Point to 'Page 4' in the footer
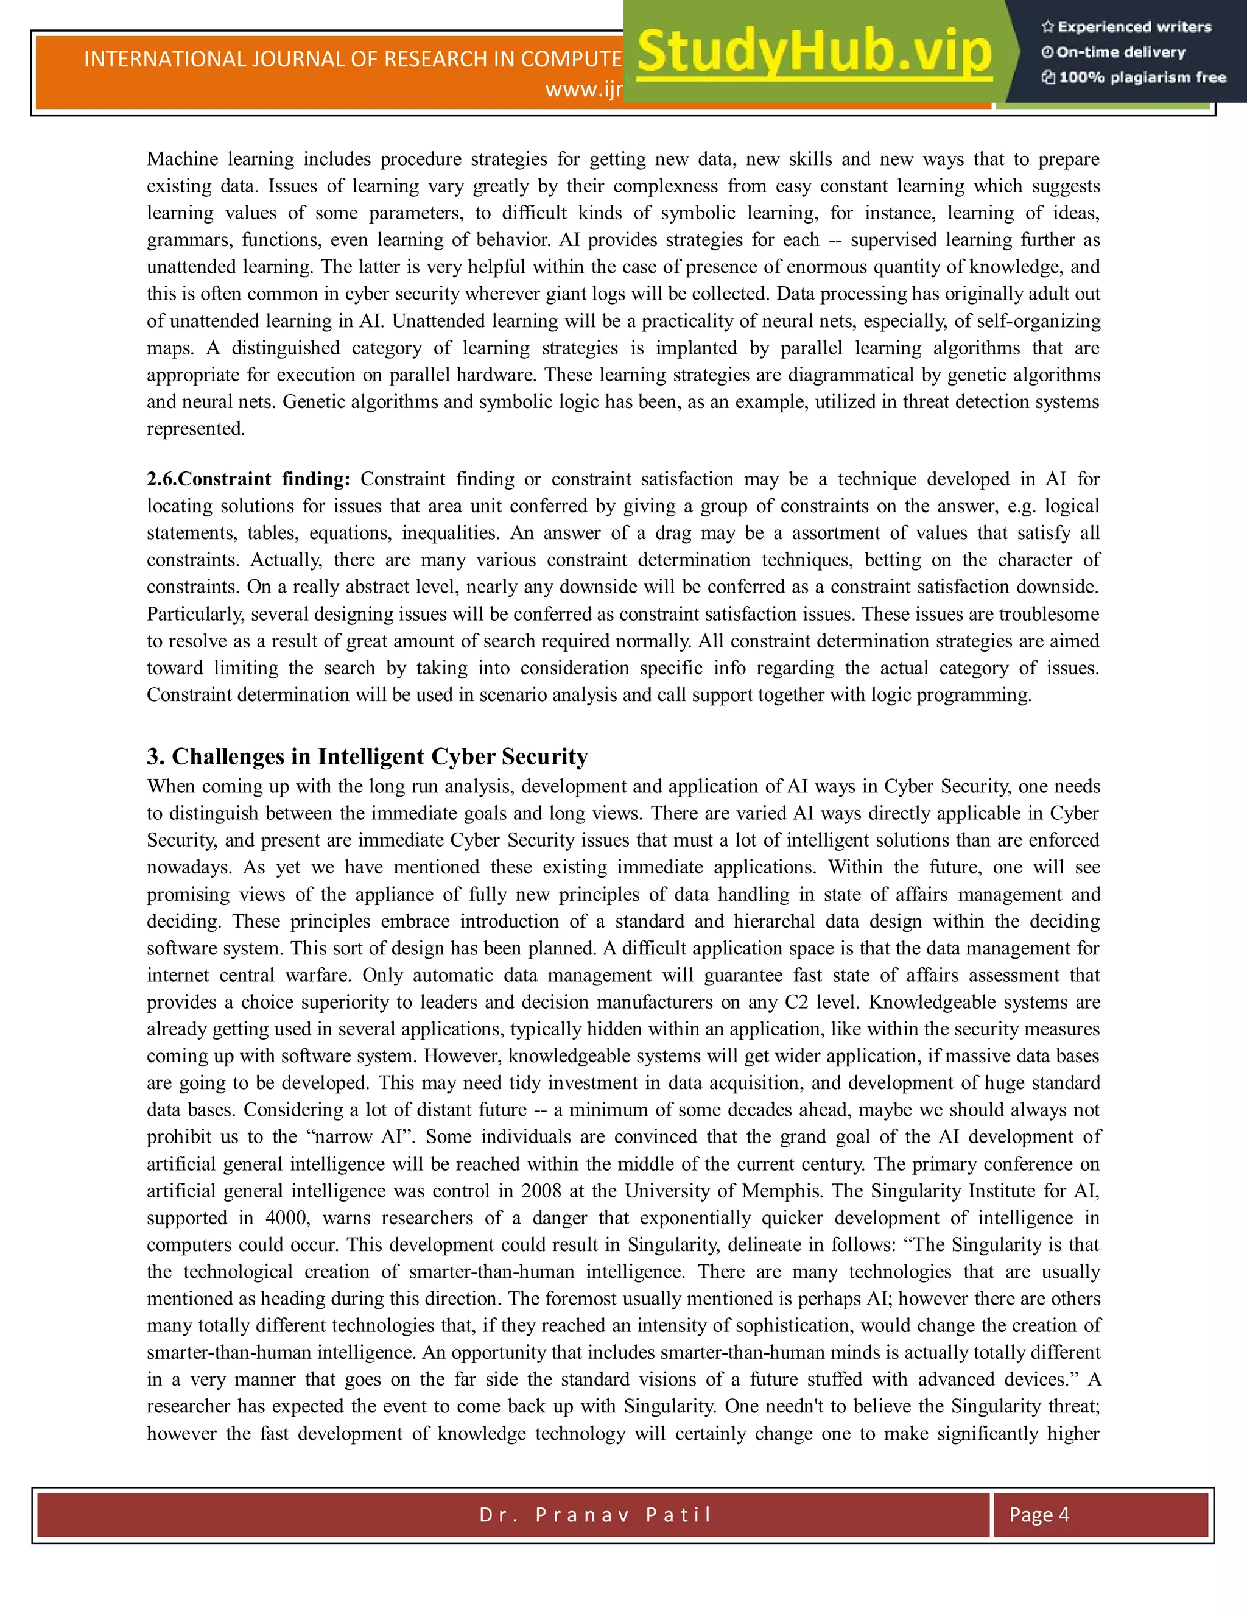pyautogui.click(x=1039, y=1515)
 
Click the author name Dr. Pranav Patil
pyautogui.click(x=595, y=1515)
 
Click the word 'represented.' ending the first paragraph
pyautogui.click(x=196, y=429)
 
